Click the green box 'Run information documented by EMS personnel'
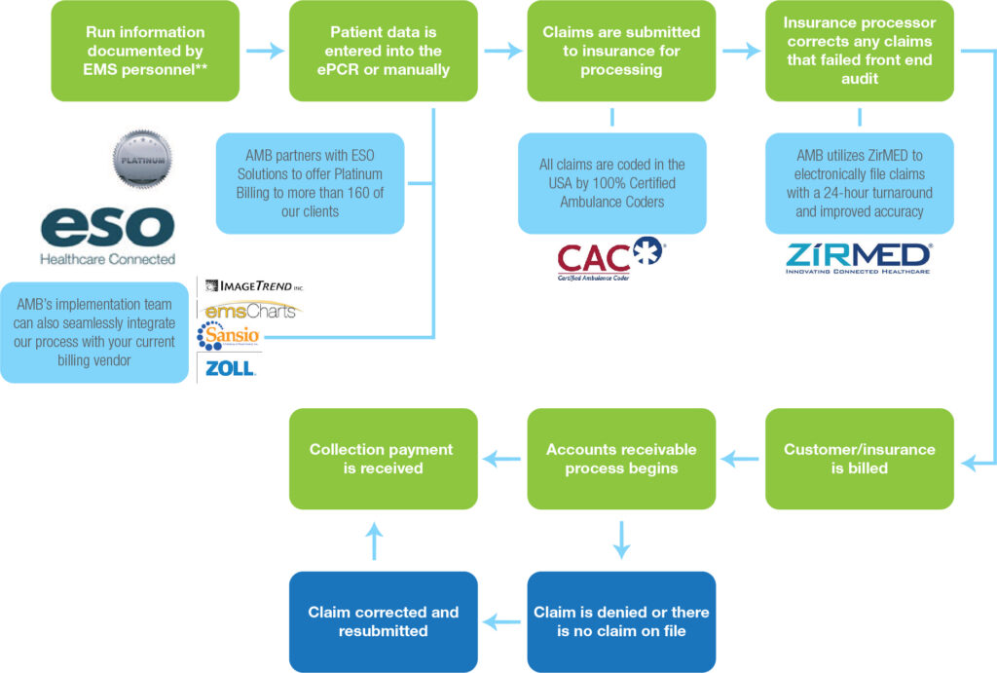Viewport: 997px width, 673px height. click(x=144, y=51)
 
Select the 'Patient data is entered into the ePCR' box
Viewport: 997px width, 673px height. click(x=383, y=51)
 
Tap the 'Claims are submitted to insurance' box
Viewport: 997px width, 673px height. click(x=621, y=51)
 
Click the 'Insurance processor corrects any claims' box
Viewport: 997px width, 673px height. click(x=860, y=51)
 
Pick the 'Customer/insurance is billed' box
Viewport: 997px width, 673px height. click(x=860, y=459)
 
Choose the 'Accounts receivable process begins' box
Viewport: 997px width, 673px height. click(x=621, y=459)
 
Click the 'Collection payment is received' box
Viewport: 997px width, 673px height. click(x=383, y=459)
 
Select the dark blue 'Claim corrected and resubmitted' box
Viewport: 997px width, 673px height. click(x=383, y=621)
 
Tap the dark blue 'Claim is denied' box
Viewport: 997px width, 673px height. click(x=621, y=621)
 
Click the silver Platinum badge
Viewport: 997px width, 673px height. click(x=143, y=160)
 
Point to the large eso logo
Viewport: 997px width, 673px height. click(x=107, y=229)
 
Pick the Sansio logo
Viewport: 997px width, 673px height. click(x=229, y=337)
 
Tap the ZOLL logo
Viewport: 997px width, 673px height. click(x=230, y=368)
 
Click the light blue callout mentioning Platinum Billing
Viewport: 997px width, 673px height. click(x=310, y=183)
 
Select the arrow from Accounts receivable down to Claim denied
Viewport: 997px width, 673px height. click(x=621, y=540)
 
